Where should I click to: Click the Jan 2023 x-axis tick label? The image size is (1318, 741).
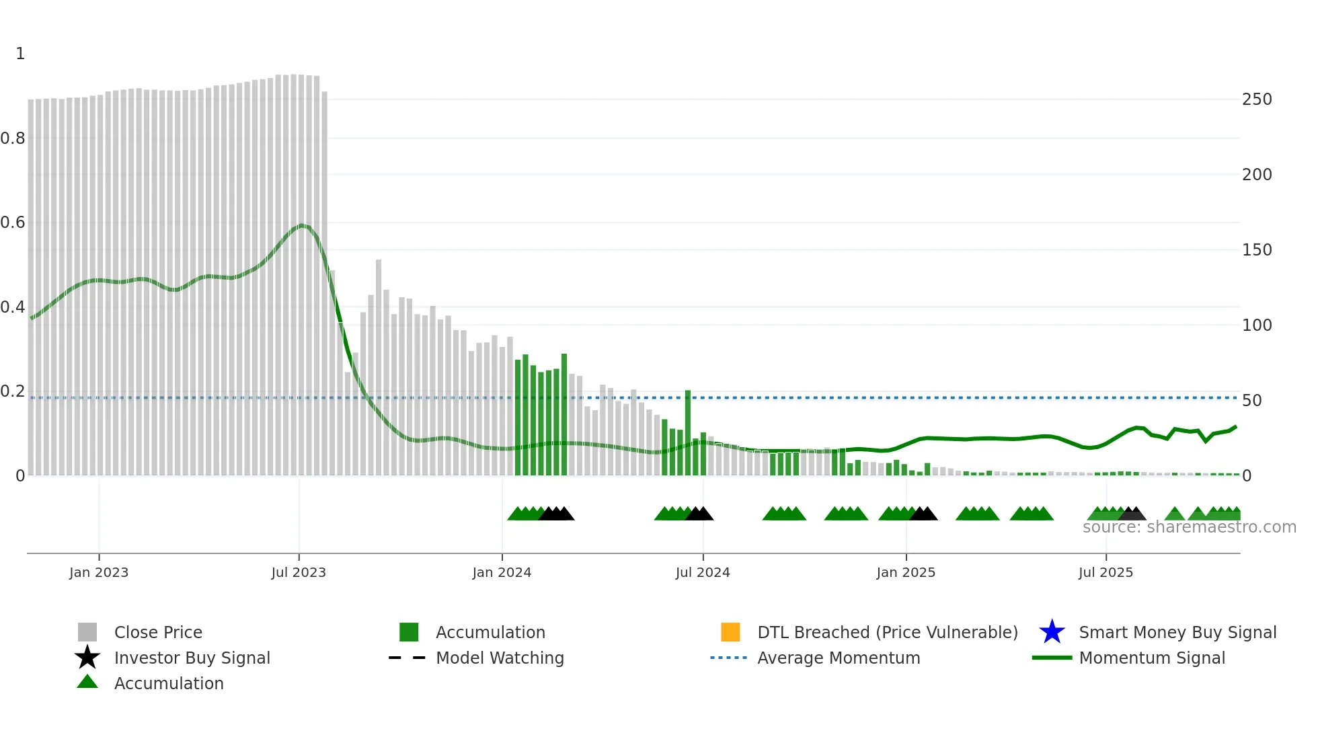point(98,572)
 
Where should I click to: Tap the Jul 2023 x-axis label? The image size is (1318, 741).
point(299,572)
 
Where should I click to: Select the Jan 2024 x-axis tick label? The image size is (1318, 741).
point(502,572)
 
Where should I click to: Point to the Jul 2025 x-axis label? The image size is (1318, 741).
point(1106,572)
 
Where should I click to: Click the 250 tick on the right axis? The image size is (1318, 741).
point(1257,100)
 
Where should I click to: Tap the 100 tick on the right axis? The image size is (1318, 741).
point(1257,325)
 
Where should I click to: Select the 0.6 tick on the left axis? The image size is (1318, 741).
point(13,223)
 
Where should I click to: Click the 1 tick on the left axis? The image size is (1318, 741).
point(20,54)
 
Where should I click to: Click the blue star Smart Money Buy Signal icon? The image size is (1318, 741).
point(1052,632)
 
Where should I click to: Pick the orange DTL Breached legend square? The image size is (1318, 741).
point(730,632)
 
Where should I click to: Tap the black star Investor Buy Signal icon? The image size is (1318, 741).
point(87,658)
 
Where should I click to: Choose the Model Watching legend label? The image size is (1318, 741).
point(500,658)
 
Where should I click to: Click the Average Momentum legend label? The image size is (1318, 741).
point(839,658)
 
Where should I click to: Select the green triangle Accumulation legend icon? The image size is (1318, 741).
point(87,682)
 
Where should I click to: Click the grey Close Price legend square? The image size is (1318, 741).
point(87,632)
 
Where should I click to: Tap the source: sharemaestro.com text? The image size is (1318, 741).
point(1189,527)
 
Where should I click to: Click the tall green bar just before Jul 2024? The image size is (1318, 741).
point(688,432)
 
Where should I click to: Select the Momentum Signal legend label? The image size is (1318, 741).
point(1152,658)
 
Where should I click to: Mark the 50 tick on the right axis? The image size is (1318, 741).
point(1252,401)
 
